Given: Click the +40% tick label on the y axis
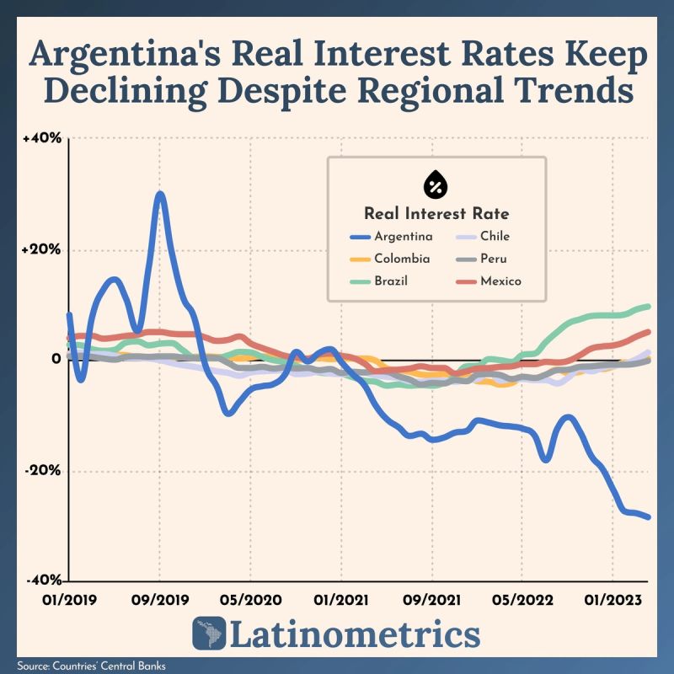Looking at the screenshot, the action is [42, 138].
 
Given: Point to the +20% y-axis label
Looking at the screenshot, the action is [41, 249].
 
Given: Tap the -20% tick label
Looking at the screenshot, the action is [43, 470].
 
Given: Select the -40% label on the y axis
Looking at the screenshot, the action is [45, 580].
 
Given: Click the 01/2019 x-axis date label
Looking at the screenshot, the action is [70, 600].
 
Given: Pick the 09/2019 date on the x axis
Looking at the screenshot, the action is [160, 600].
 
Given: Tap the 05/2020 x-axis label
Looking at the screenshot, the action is [250, 600].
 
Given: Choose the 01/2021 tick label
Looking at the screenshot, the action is [341, 600].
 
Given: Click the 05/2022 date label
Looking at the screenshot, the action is [522, 600].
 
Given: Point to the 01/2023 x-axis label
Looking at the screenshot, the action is [613, 600].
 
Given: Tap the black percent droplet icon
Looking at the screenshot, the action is [436, 184].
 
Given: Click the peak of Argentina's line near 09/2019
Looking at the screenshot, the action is [160, 195].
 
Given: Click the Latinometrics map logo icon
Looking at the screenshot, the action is [209, 634].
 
